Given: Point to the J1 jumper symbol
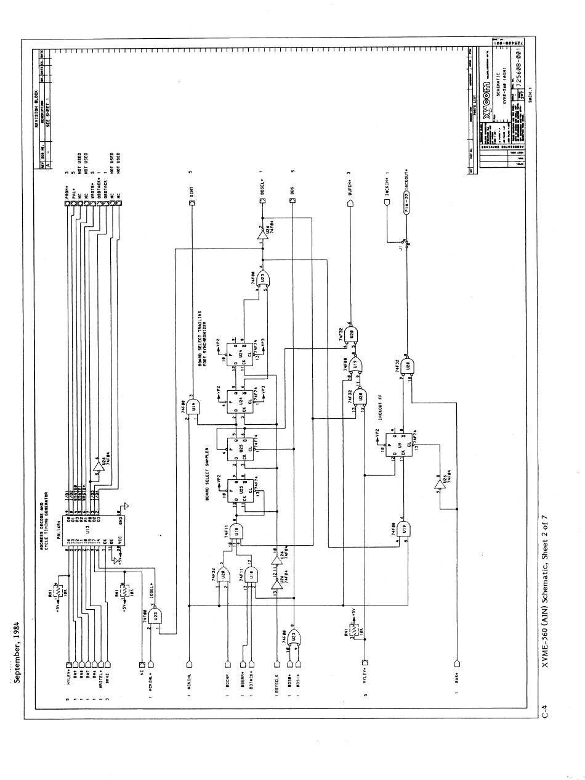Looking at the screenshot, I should pos(403,244).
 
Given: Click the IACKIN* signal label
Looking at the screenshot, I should pos(385,194).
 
